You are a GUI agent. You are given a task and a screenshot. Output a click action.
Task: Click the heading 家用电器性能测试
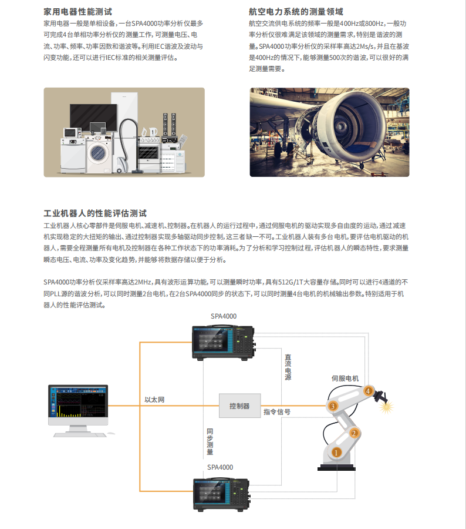coord(77,12)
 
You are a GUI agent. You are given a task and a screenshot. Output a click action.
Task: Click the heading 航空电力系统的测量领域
coord(296,12)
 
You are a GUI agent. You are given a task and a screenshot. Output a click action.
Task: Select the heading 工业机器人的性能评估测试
coord(95,213)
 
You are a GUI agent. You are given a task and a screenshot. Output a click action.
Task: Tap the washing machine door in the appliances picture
coord(98,153)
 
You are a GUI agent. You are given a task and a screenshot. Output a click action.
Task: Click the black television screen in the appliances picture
coord(93,118)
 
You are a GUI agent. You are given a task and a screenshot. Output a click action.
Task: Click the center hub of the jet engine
coord(340,127)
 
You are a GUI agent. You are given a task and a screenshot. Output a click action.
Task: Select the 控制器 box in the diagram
coord(239,406)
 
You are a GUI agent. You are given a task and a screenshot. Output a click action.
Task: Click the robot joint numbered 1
coord(336,453)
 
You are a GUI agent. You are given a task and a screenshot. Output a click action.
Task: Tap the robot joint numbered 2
coord(354,433)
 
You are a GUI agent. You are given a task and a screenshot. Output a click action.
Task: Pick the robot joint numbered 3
coord(333,406)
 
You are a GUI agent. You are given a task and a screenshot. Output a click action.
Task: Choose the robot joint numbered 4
coord(369,391)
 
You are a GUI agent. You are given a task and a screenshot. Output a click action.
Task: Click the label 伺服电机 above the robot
coord(345,379)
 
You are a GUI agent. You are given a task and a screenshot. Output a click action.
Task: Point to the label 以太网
coord(154,400)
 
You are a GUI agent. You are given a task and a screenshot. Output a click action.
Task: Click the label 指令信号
coord(277,412)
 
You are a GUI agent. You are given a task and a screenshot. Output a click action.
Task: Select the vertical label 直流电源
coord(288,367)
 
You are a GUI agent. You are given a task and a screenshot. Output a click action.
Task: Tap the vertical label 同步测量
coord(210,441)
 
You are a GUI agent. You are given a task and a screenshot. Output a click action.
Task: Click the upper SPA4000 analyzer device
coord(224,343)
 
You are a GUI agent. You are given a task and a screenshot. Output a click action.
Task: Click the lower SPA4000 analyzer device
coord(222,494)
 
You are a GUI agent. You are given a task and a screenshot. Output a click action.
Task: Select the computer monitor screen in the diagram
coord(78,401)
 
